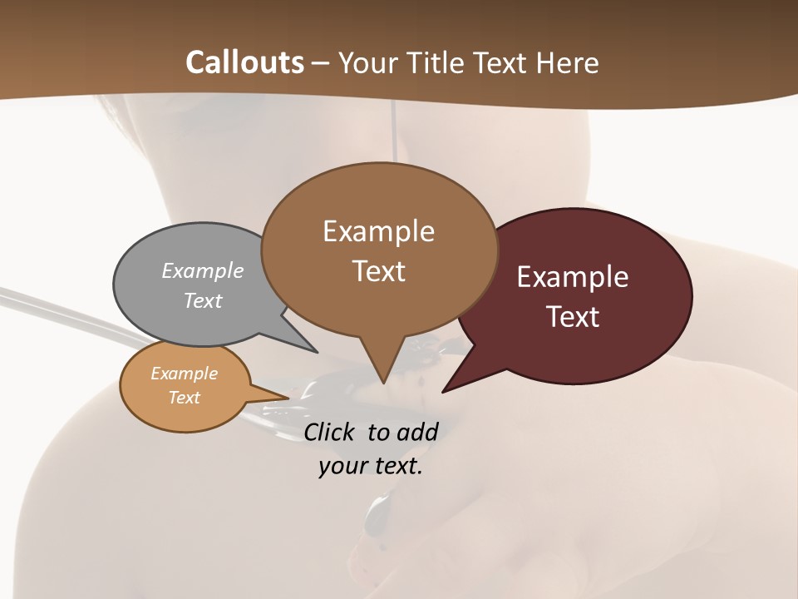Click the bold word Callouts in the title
click(x=244, y=62)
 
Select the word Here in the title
click(x=569, y=63)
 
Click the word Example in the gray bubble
click(x=203, y=270)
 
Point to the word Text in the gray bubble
click(x=203, y=300)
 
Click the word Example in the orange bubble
click(x=184, y=374)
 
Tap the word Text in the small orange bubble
click(x=184, y=398)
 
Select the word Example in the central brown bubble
click(x=378, y=231)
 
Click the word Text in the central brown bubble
click(x=378, y=271)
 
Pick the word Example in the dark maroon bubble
click(x=573, y=277)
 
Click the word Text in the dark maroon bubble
click(x=573, y=317)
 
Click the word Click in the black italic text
click(x=331, y=432)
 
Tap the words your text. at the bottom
click(x=370, y=466)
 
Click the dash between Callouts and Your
click(x=321, y=64)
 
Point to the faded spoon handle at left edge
click(x=33, y=304)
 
